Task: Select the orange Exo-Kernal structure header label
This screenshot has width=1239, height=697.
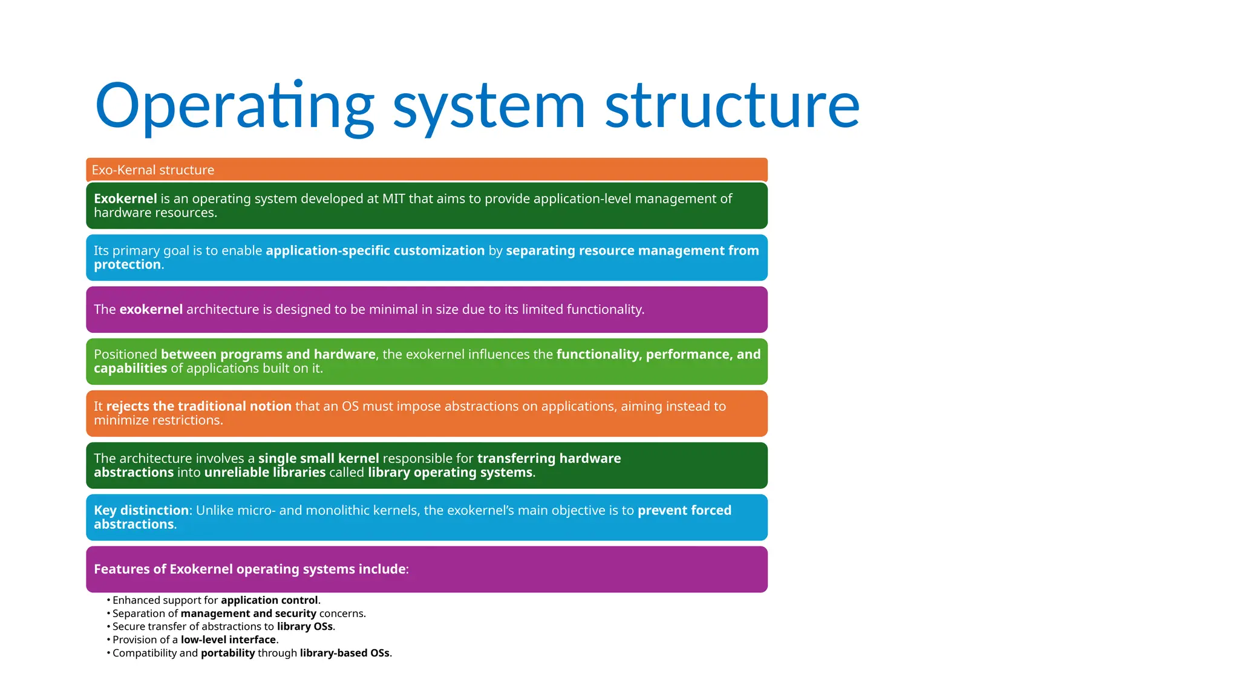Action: point(153,170)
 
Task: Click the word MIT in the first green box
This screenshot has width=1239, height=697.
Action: point(394,198)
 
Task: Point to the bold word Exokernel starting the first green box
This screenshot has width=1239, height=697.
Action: point(125,198)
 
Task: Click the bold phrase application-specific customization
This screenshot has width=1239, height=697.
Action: point(375,250)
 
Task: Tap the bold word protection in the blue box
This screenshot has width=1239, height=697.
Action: point(127,264)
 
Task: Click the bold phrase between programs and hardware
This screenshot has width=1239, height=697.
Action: point(268,354)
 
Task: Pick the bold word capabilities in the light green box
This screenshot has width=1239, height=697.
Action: point(130,368)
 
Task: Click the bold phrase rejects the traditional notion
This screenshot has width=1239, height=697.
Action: point(199,406)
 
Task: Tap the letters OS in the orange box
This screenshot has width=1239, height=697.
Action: point(350,406)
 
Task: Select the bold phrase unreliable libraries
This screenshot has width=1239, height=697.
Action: point(265,472)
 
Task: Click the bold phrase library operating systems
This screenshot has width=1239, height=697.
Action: point(450,472)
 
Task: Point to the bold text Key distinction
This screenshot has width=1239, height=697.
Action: point(142,510)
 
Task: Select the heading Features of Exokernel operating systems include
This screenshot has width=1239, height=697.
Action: point(251,569)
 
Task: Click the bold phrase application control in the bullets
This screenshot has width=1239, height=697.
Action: point(269,600)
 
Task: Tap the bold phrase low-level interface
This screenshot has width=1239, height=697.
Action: point(228,640)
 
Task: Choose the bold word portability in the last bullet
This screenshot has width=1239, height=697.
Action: point(227,653)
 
